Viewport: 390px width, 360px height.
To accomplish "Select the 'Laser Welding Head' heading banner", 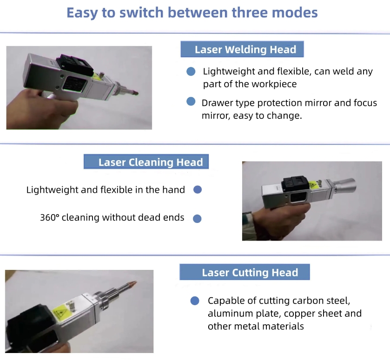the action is click(242, 49).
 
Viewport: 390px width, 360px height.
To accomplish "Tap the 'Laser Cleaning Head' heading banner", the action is click(146, 162).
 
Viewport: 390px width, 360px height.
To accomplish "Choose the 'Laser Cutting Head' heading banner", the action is click(245, 272).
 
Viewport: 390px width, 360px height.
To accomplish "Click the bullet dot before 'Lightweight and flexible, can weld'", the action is click(191, 72).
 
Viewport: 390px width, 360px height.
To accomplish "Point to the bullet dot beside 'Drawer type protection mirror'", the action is click(191, 101).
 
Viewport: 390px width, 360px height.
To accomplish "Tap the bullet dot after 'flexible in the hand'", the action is click(198, 190).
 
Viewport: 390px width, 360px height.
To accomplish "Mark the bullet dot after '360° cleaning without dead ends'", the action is click(197, 218).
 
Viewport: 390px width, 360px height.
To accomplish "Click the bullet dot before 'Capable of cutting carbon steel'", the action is click(195, 301).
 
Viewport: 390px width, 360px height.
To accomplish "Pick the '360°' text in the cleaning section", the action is click(50, 217).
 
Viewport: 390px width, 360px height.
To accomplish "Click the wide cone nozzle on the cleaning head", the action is click(345, 185).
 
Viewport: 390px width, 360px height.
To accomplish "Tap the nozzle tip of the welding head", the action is click(136, 93).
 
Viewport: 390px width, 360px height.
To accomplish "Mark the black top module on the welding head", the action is click(75, 64).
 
